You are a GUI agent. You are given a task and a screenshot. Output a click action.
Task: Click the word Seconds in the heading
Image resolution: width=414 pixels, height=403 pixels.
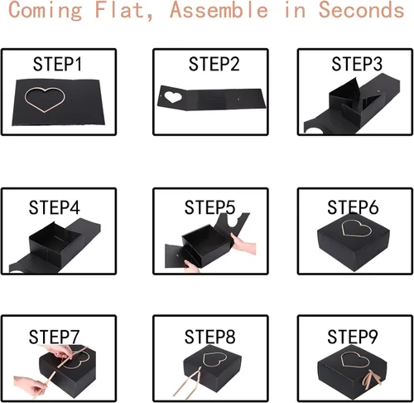[x=361, y=10]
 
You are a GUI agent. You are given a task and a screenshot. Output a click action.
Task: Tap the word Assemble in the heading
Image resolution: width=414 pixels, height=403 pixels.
[x=219, y=10]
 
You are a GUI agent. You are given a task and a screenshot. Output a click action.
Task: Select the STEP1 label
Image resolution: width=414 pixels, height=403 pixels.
[x=57, y=64]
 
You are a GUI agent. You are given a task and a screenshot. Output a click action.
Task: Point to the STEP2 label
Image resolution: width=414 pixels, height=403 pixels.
[x=214, y=64]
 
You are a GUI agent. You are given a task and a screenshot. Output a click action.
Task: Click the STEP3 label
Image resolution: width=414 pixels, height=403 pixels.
[x=357, y=64]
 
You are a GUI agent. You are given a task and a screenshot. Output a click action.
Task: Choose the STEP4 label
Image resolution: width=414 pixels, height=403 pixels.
[x=55, y=207]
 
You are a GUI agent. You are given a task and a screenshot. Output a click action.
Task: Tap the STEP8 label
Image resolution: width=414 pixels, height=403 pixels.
[x=209, y=337]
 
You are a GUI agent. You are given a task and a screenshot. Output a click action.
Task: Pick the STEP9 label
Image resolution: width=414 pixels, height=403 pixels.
[x=353, y=337]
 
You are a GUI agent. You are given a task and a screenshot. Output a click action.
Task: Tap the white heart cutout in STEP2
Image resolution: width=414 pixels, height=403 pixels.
[x=173, y=97]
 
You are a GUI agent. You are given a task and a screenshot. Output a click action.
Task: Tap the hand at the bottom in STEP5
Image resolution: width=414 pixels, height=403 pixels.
[x=191, y=267]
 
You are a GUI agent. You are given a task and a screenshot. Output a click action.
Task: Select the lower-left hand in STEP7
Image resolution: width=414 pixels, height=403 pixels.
[x=30, y=386]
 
